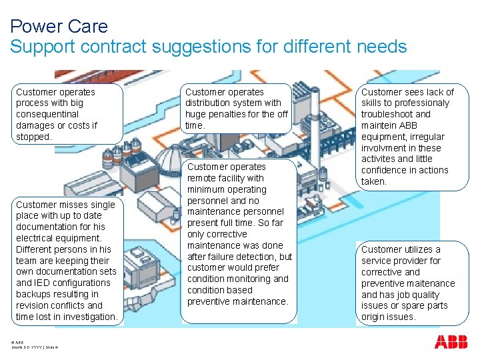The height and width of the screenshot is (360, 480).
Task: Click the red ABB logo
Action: click(451, 342)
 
